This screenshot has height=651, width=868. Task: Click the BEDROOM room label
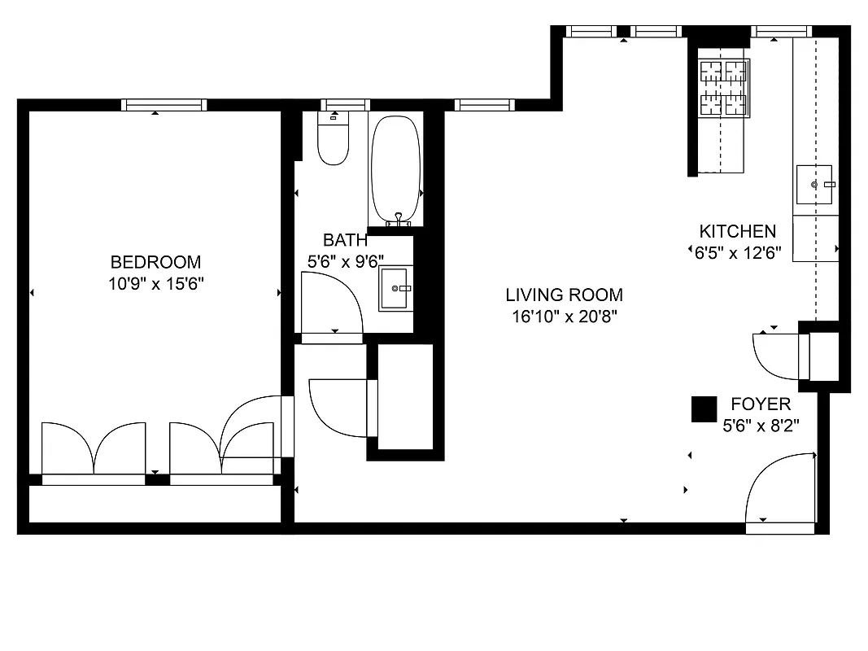pyautogui.click(x=155, y=262)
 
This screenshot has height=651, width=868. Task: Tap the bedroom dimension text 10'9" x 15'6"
pyautogui.click(x=155, y=283)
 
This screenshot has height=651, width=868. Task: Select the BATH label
pyautogui.click(x=345, y=240)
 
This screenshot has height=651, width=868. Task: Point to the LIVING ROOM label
pyautogui.click(x=564, y=295)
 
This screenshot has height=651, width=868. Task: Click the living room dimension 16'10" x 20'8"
pyautogui.click(x=564, y=317)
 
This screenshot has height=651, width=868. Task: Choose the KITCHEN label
pyautogui.click(x=738, y=231)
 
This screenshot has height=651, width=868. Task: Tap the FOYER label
pyautogui.click(x=760, y=404)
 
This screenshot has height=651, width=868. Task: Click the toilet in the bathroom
pyautogui.click(x=333, y=143)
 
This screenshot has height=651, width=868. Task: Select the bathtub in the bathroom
pyautogui.click(x=396, y=168)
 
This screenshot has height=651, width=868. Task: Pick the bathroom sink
pyautogui.click(x=396, y=288)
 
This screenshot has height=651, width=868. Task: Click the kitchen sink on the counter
pyautogui.click(x=815, y=185)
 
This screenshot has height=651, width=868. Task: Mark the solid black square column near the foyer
pyautogui.click(x=704, y=409)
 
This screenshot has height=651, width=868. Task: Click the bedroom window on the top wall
pyautogui.click(x=164, y=104)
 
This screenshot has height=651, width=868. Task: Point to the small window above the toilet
pyautogui.click(x=345, y=104)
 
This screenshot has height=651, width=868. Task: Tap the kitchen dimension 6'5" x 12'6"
pyautogui.click(x=738, y=252)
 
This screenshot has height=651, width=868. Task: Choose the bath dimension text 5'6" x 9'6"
pyautogui.click(x=345, y=261)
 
